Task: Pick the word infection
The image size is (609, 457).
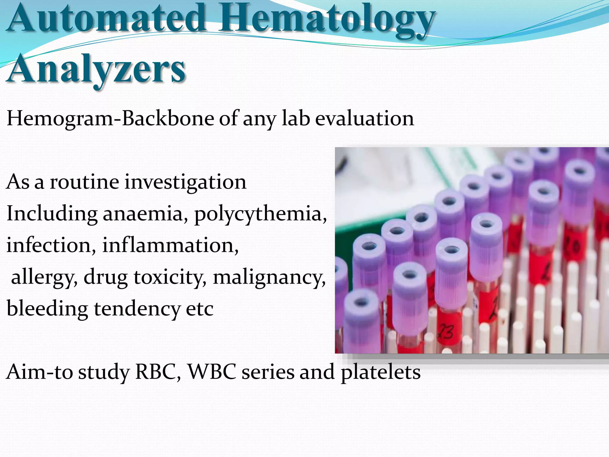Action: (x=51, y=245)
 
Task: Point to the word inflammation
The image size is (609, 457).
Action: (x=170, y=245)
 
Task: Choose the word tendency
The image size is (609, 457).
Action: (x=137, y=309)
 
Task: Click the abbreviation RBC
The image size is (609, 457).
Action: (x=158, y=372)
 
